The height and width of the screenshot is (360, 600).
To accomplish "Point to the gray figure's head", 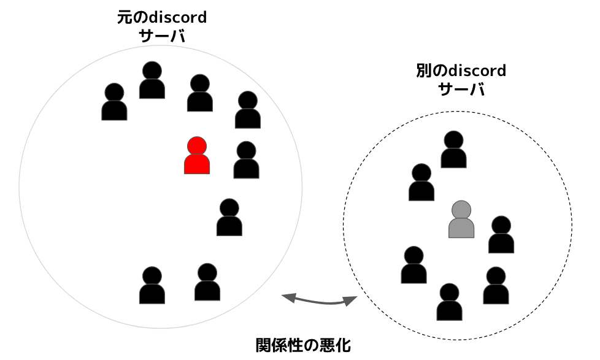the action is tap(461, 209).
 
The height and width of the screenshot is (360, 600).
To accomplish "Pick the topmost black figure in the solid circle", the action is tap(152, 80).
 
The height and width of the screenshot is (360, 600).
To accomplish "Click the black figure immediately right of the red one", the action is tap(246, 160).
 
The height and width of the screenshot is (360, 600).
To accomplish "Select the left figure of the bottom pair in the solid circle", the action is tap(152, 286).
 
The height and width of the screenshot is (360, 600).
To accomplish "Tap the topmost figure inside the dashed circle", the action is tap(453, 150).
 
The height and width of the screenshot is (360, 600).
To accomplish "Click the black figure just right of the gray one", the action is tap(501, 235).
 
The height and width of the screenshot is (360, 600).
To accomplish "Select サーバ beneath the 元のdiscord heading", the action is tap(162, 36).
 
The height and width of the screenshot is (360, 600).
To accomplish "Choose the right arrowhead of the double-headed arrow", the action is tap(350, 301).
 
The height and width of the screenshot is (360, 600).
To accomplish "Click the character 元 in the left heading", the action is tap(124, 17).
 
